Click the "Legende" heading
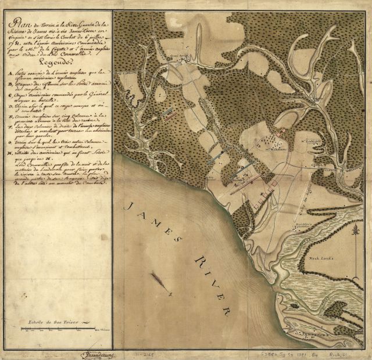point(58,64)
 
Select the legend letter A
point(12,74)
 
